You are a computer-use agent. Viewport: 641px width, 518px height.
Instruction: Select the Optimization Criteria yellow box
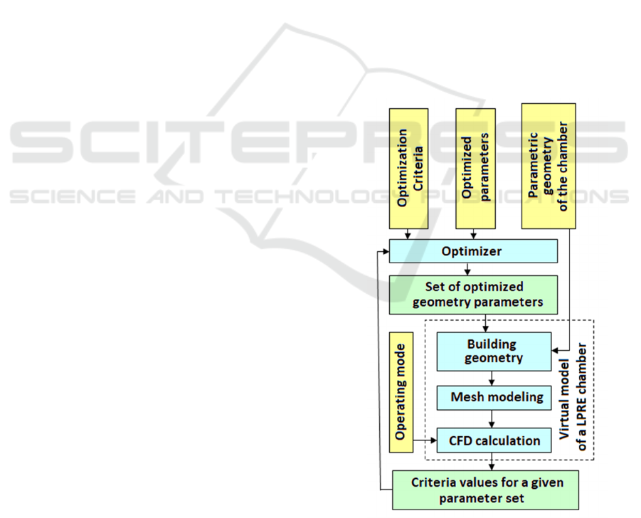(x=408, y=169)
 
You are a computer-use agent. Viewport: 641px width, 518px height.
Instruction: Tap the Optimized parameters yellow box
(x=475, y=169)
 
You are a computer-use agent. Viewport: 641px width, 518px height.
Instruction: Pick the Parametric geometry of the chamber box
(x=549, y=166)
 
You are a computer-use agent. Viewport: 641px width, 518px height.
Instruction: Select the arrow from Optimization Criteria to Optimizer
(x=408, y=235)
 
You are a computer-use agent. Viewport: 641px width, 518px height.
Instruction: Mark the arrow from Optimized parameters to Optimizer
(x=475, y=235)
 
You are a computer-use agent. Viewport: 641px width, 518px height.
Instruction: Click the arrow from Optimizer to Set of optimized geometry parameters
(x=467, y=269)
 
